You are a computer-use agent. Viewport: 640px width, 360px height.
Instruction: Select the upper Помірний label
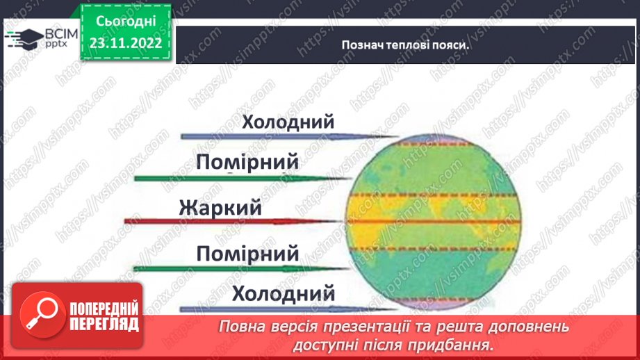click(x=247, y=163)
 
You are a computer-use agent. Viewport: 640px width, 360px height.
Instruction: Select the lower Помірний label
click(x=247, y=252)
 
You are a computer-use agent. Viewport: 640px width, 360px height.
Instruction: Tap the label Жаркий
click(x=220, y=207)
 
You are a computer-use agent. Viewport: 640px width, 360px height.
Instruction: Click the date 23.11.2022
click(x=126, y=43)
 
